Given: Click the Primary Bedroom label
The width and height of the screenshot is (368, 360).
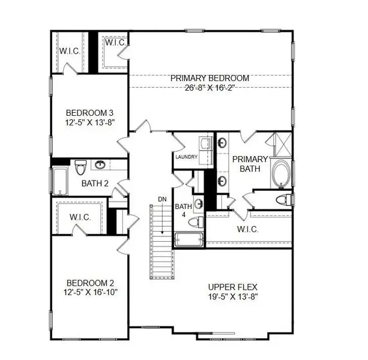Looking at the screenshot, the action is pos(210,78).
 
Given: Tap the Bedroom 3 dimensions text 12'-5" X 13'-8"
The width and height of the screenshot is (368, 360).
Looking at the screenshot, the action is pos(89,122).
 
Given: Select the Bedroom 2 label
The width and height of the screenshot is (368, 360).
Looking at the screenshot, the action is pos(91,283).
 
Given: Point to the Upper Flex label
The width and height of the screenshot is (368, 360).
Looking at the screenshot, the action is pos(233,287).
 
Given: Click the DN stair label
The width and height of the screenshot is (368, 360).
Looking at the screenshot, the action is pos(162,199).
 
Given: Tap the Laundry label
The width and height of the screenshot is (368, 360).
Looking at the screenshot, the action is pos(186,157).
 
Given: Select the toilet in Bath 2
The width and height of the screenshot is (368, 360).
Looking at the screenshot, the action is pos(80,167).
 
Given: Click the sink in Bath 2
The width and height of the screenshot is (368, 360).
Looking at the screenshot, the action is pos(100,164).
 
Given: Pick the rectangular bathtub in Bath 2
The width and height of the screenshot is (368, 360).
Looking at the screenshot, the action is pos(60,181).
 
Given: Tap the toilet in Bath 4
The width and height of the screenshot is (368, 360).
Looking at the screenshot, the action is pos(196,222).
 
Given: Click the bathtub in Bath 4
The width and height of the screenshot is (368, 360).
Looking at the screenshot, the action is pos(189,239).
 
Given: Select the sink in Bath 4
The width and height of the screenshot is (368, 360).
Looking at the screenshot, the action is pos(199,203).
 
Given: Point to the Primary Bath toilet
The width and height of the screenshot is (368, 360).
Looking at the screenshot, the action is pos(283,200).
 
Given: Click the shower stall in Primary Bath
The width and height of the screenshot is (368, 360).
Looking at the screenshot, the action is pos(283,145).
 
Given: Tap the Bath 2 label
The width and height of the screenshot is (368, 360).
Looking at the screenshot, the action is pos(95,184).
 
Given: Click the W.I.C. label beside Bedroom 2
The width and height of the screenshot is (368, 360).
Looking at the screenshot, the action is pos(80,217).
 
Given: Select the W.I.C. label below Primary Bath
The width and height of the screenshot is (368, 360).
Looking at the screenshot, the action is pos(247,229).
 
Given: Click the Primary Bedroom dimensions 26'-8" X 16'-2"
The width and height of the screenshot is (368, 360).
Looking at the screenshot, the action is pos(210,88).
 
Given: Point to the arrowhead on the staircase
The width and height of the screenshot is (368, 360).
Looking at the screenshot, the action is pos(162,232).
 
